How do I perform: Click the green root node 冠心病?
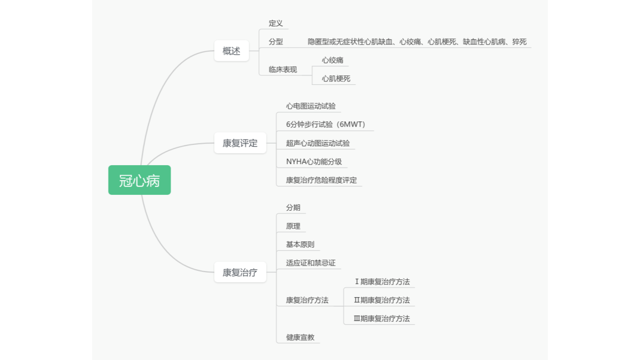(139, 180)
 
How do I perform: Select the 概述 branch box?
(231, 51)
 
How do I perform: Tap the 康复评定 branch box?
(240, 143)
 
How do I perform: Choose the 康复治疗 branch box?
(240, 273)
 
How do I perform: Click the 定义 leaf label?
(276, 23)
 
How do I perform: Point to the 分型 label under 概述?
(276, 42)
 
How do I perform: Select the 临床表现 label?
(283, 70)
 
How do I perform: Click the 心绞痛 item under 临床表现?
(333, 60)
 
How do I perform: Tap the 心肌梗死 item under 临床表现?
(336, 79)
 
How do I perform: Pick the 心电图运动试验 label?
(311, 106)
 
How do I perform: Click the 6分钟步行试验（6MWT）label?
(326, 124)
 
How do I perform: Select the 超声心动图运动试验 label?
(318, 143)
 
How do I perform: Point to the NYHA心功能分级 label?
(314, 162)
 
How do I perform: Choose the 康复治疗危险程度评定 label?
(321, 180)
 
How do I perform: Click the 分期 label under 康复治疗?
(293, 207)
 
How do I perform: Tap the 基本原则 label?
(300, 244)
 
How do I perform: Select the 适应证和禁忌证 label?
(311, 263)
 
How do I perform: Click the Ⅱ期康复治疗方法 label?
(382, 300)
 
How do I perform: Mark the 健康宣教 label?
(300, 337)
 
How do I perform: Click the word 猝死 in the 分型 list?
(519, 42)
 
